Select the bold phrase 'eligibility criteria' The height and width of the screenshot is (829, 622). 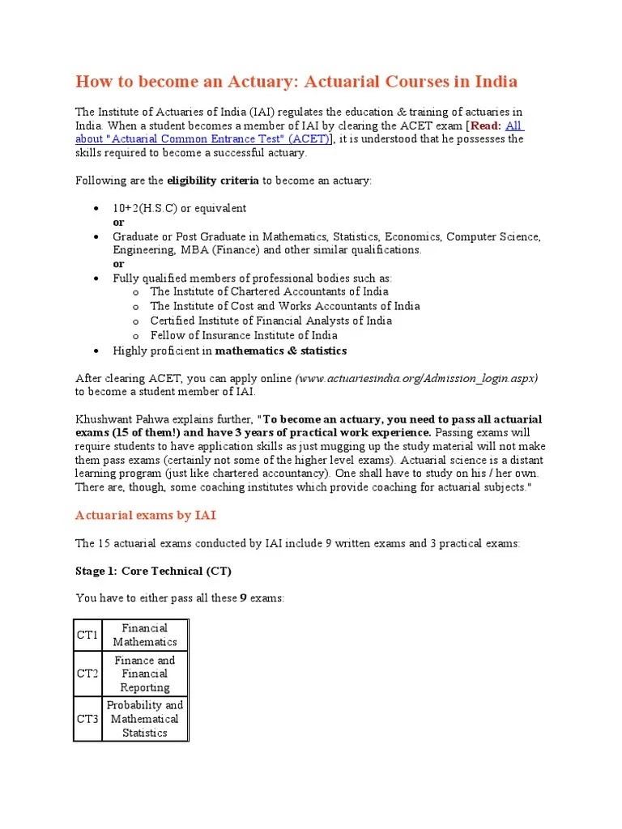[217, 180]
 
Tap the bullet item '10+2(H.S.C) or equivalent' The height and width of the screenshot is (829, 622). [179, 208]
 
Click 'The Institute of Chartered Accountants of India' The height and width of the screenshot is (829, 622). [269, 291]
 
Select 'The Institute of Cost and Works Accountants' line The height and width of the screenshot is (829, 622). [284, 306]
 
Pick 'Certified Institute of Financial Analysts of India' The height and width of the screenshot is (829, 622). [271, 321]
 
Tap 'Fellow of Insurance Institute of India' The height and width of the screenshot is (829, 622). [243, 335]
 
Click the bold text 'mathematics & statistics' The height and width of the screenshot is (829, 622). [280, 351]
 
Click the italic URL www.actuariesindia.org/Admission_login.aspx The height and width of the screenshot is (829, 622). [417, 378]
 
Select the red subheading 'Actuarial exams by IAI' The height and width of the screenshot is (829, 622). [145, 515]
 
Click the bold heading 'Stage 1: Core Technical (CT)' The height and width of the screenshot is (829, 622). [153, 571]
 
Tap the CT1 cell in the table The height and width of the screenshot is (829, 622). [87, 635]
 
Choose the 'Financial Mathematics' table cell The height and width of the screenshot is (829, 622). [145, 635]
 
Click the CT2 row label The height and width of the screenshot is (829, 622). [87, 674]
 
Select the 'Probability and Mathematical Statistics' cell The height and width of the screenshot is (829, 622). [145, 719]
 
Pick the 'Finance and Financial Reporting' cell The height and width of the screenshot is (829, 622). [145, 674]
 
